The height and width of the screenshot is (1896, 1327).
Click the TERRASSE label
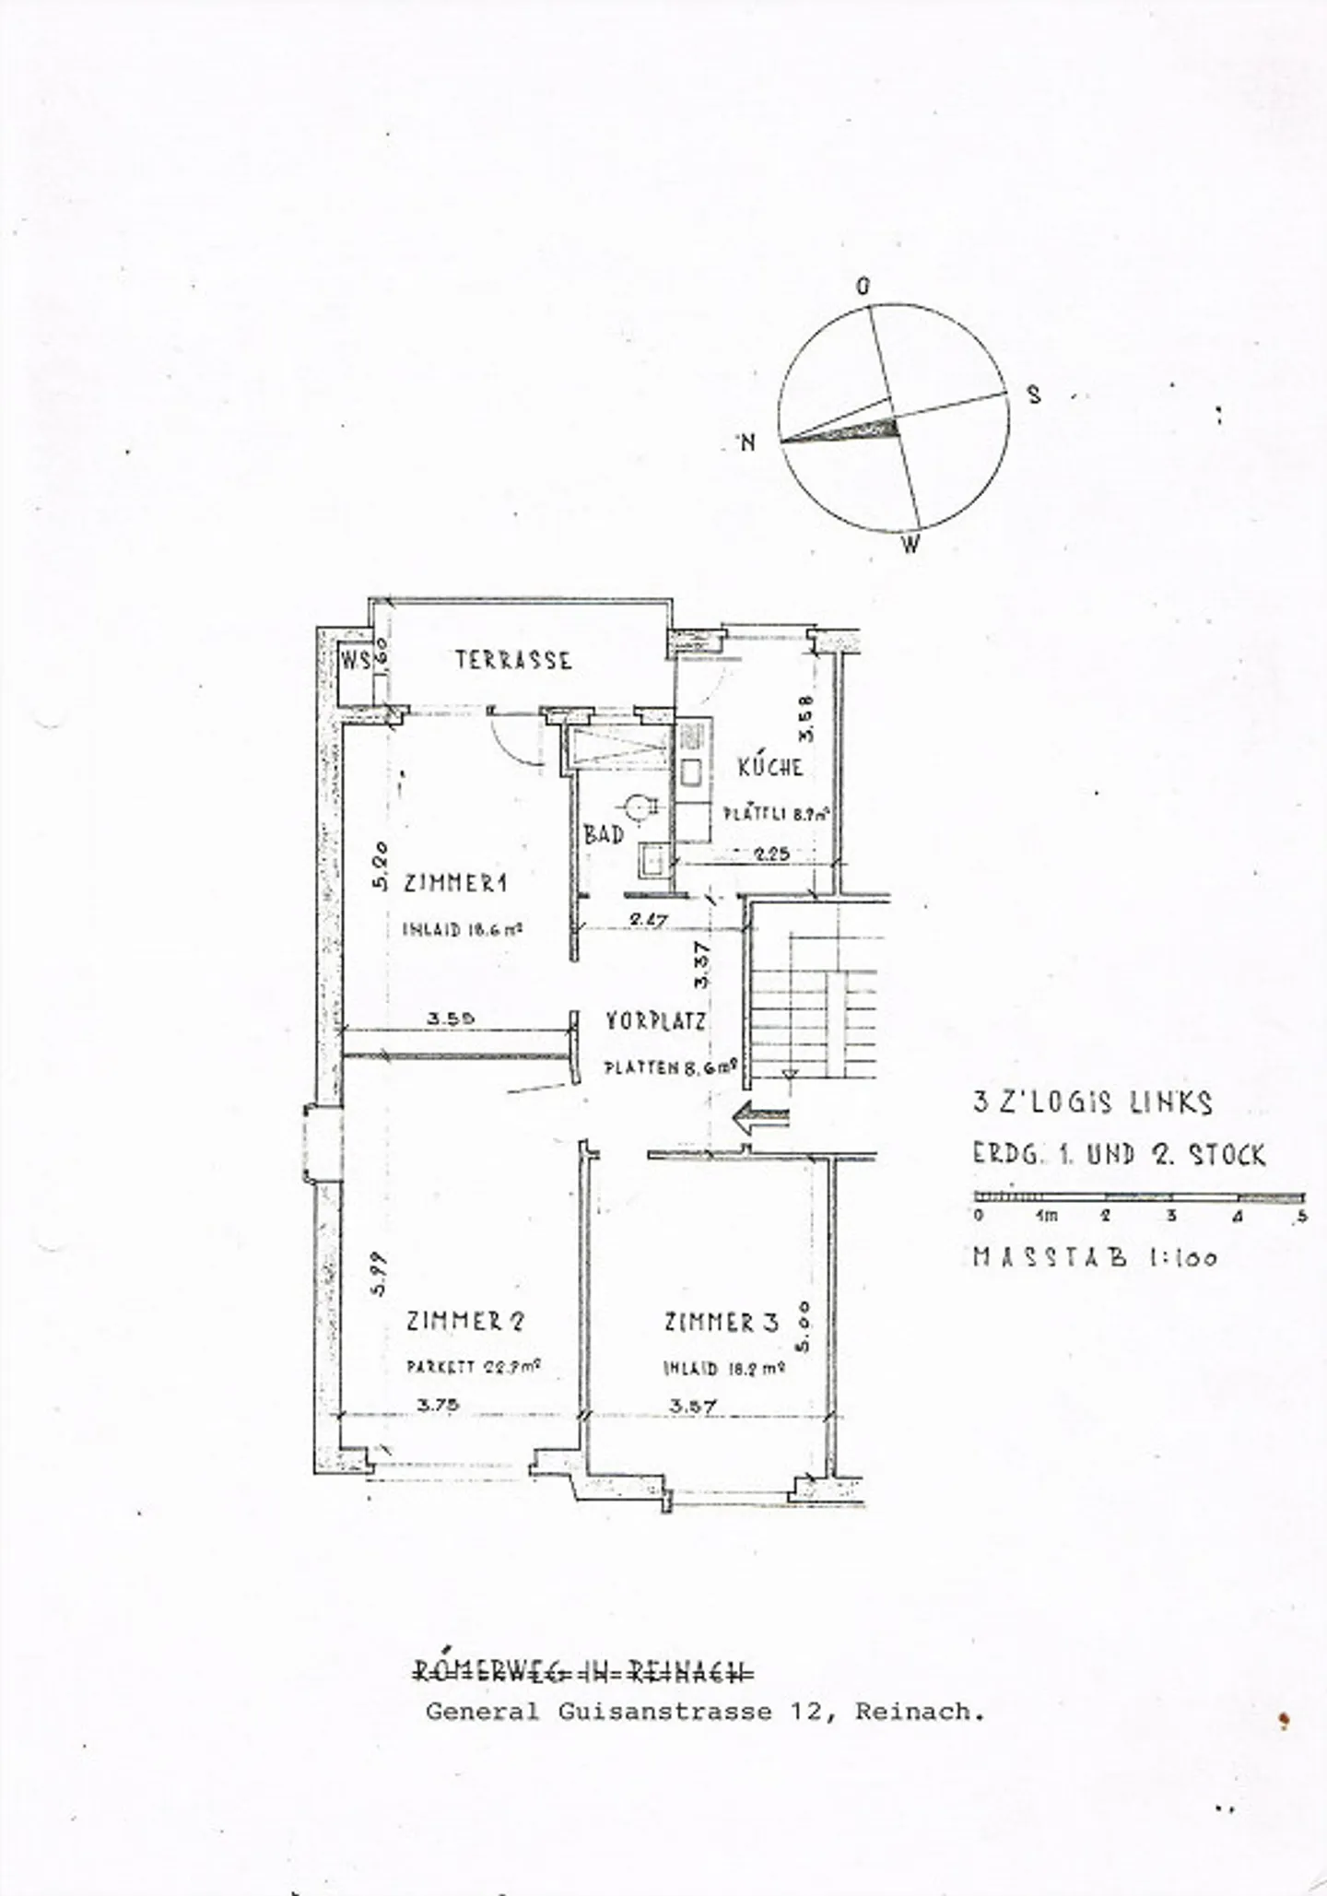[513, 660]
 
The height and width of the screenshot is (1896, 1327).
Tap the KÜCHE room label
[769, 766]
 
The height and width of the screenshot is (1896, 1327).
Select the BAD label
[604, 835]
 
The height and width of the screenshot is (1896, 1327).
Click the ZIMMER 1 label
[455, 883]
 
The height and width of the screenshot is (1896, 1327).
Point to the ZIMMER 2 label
[465, 1321]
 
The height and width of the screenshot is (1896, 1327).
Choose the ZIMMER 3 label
[722, 1323]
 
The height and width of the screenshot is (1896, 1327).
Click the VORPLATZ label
[655, 1021]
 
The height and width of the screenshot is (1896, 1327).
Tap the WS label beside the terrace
[356, 660]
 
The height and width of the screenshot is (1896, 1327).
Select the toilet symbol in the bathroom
[636, 807]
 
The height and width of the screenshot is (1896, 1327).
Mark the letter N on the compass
[747, 442]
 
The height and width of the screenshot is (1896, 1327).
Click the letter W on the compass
[910, 545]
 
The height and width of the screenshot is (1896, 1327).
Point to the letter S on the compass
[1034, 395]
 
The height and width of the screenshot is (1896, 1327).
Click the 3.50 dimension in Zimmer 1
[450, 1019]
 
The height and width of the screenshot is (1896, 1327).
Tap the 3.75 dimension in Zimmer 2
[437, 1406]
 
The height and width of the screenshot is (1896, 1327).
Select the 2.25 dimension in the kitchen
[771, 854]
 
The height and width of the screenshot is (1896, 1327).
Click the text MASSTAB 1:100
[1095, 1257]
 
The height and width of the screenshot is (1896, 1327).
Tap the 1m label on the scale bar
[1046, 1216]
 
